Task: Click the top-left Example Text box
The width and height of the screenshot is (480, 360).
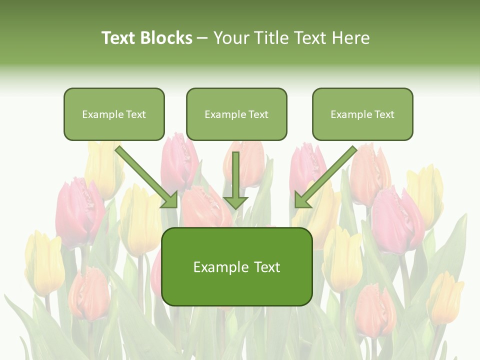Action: (114, 114)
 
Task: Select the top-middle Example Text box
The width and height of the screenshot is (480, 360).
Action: (236, 114)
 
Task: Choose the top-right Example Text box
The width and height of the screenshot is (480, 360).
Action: (362, 114)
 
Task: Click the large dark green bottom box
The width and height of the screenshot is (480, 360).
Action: (237, 267)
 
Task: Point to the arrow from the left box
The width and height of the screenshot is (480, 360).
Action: (145, 175)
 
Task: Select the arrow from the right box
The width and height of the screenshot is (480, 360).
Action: (327, 175)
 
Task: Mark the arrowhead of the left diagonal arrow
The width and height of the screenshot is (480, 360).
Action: (170, 200)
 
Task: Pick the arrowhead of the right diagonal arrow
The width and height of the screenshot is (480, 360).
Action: (302, 200)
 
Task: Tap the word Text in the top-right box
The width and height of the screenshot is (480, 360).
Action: (384, 114)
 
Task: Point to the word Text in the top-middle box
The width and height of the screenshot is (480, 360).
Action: (258, 114)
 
